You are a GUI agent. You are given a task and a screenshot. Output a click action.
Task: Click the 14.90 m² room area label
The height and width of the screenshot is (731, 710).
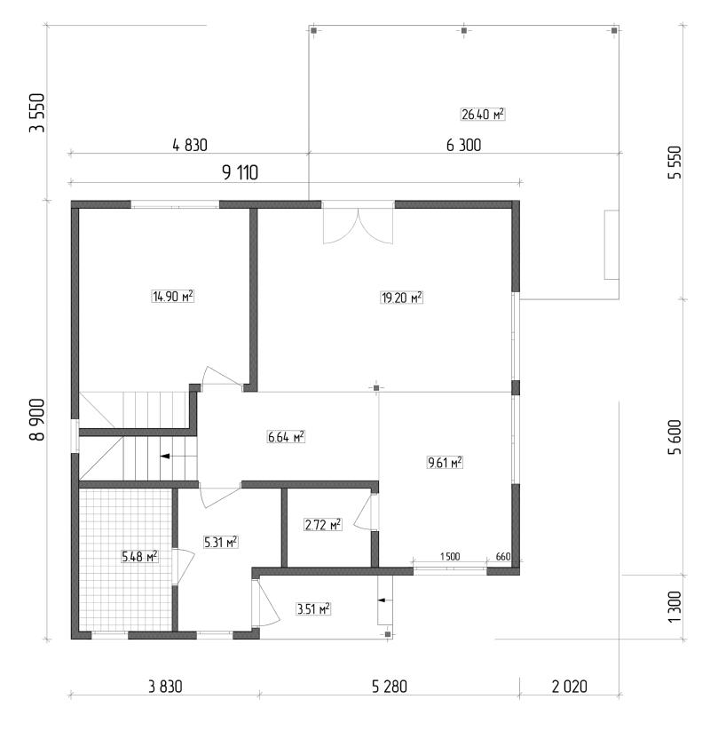(x=173, y=296)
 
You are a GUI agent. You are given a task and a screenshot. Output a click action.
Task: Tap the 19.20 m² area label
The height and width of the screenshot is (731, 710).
(x=401, y=298)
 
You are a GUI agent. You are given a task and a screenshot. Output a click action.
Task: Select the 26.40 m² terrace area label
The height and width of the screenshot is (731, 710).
(x=483, y=115)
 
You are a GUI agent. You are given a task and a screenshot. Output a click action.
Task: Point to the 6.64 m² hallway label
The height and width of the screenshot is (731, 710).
(x=286, y=437)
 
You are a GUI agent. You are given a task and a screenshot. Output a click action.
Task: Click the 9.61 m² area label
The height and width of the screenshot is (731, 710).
(x=445, y=463)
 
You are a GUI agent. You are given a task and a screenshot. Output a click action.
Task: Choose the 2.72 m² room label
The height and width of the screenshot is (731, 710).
(x=323, y=525)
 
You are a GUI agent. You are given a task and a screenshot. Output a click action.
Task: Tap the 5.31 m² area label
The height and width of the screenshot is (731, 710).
(x=221, y=542)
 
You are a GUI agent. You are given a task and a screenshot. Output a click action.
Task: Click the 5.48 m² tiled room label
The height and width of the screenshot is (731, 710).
(x=139, y=556)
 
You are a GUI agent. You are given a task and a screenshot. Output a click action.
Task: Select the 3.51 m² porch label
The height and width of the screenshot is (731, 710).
(x=313, y=608)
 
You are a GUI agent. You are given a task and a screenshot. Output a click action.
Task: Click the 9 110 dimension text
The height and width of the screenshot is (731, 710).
(x=240, y=173)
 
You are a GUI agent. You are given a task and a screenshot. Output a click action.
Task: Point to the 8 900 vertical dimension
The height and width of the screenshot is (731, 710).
(x=37, y=419)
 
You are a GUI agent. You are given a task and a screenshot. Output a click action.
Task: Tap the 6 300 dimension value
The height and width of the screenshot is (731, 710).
(x=463, y=146)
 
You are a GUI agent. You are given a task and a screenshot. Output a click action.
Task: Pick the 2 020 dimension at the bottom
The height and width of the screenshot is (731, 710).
(x=569, y=687)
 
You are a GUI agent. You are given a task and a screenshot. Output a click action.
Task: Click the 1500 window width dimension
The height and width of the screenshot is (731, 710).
(x=450, y=557)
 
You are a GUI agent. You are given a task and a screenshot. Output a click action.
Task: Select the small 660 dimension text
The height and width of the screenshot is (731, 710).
(x=503, y=557)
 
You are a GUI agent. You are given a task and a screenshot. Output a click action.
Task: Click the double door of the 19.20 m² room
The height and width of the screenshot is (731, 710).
(x=358, y=226)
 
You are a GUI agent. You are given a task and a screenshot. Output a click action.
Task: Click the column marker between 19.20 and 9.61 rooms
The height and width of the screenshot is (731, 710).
(x=376, y=388)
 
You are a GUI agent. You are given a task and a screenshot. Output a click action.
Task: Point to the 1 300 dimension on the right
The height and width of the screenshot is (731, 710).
(x=674, y=607)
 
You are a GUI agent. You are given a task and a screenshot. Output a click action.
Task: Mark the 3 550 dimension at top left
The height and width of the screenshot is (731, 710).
(x=37, y=113)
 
